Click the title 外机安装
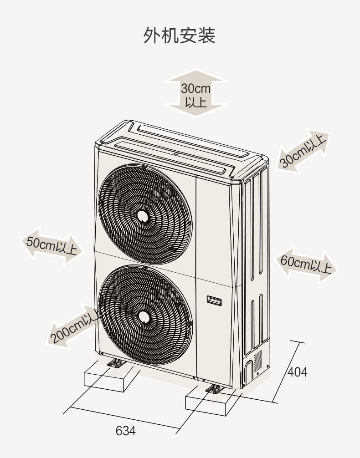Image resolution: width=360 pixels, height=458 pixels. click(x=179, y=36)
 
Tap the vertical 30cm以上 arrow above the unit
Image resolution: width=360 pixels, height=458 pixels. click(x=195, y=93)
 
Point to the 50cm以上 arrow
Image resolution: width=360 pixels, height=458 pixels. click(x=52, y=246)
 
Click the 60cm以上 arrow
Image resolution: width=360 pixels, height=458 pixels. click(x=306, y=265)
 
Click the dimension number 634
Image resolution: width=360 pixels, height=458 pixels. click(x=126, y=431)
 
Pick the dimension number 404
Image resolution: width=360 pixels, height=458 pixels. click(x=298, y=372)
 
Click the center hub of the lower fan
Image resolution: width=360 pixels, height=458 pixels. click(x=143, y=316)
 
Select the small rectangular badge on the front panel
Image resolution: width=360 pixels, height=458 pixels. click(x=214, y=300)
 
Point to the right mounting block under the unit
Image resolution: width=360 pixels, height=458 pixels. click(x=210, y=401)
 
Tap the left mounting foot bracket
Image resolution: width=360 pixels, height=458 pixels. click(x=116, y=363)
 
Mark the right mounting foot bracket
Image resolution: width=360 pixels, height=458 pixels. click(x=215, y=389)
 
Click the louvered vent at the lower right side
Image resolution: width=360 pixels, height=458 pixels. click(x=258, y=361)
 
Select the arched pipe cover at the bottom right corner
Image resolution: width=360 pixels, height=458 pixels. click(x=248, y=372)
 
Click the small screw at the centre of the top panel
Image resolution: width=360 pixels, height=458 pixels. click(x=176, y=153)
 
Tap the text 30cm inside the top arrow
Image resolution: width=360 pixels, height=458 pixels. click(x=195, y=88)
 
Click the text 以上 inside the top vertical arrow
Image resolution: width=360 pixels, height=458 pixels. click(x=195, y=102)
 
